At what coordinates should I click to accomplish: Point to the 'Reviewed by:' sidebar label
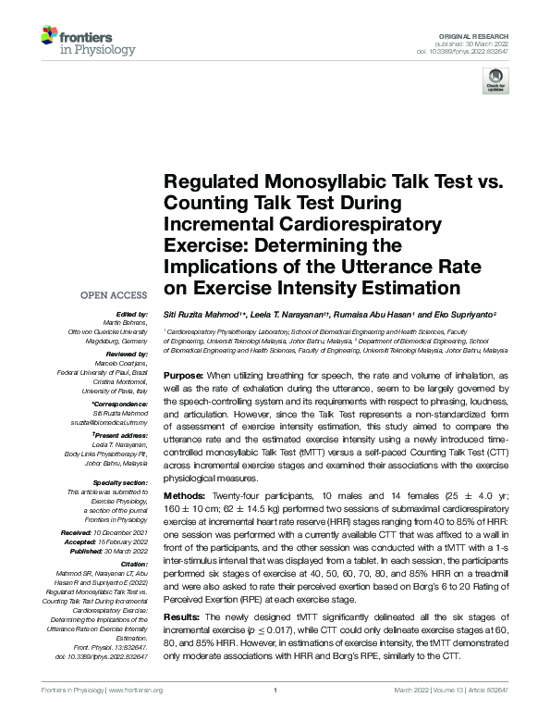coord(125,354)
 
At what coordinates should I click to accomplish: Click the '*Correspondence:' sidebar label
coord(120,405)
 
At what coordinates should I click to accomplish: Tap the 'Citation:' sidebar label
coord(134,563)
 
